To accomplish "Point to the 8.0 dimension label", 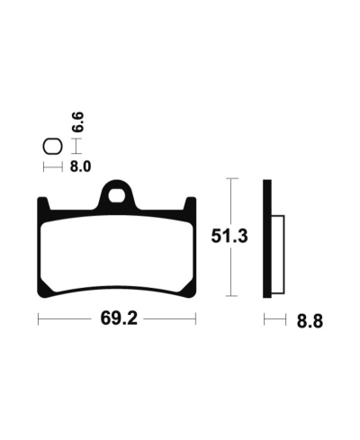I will [x=79, y=166].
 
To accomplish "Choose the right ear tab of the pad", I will [x=189, y=206].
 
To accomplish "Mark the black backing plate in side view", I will [x=266, y=238].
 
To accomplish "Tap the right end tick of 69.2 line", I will [x=196, y=319].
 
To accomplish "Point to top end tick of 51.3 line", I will [x=232, y=179].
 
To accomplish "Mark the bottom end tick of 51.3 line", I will [x=232, y=296].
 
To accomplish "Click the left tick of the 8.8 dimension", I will [x=264, y=319].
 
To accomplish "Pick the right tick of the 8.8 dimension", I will [x=285, y=319].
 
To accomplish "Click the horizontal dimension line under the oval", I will [x=52, y=166].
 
